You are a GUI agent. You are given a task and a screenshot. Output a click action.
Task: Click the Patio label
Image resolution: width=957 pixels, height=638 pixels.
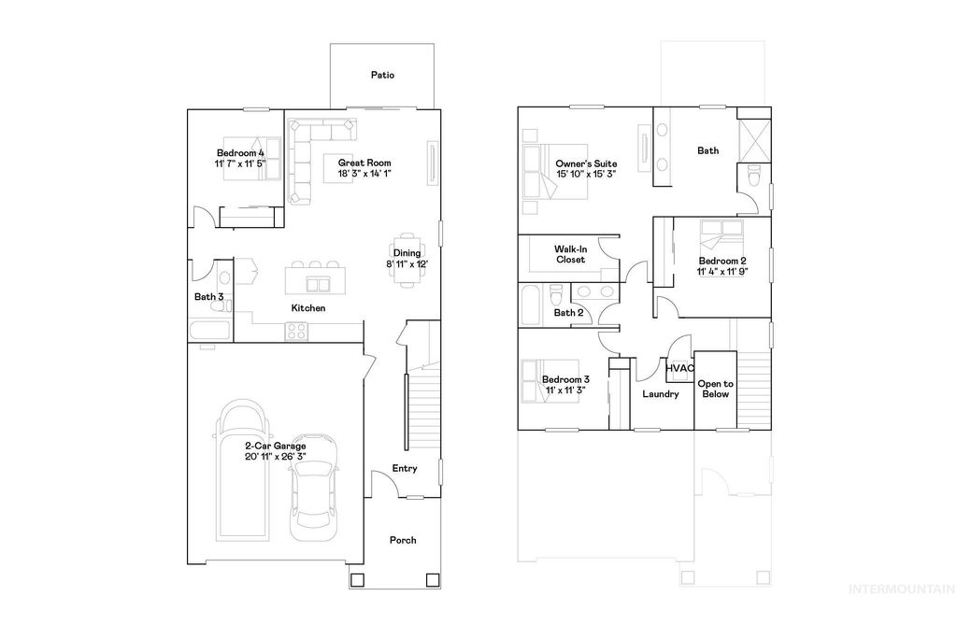coord(382,75)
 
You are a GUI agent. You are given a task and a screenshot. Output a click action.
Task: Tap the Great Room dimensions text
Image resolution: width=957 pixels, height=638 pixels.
coord(364,173)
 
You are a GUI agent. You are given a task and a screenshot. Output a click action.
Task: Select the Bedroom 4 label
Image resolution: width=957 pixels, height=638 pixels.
coord(241,153)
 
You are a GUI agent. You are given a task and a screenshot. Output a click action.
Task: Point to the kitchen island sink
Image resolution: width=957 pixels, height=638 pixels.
coord(319,283)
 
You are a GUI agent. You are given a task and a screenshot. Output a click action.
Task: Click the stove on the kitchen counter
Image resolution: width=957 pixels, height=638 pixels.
coord(297,330)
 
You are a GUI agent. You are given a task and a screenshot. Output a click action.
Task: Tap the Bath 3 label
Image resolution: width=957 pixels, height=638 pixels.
coord(208,297)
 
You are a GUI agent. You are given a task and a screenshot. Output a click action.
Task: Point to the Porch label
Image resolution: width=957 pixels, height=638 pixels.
coord(403,540)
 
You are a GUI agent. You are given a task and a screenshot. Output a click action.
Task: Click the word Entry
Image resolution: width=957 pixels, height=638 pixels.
coord(405,469)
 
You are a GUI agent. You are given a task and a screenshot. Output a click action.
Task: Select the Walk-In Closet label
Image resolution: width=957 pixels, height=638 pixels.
coord(569,254)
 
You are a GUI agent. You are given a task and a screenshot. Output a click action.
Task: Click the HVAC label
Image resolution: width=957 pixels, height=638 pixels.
coord(679,369)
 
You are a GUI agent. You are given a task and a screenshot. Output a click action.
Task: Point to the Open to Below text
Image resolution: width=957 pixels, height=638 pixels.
coord(716,389)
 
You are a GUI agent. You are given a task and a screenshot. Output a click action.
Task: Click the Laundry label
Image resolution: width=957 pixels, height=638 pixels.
coord(660,394)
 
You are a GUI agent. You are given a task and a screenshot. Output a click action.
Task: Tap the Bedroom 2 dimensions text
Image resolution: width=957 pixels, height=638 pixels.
coord(722,272)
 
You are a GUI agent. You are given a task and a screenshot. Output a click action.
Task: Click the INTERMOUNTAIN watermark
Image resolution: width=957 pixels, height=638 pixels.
coord(900,589)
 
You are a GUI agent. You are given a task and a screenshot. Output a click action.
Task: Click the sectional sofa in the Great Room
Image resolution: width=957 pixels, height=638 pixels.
coord(304,159)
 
